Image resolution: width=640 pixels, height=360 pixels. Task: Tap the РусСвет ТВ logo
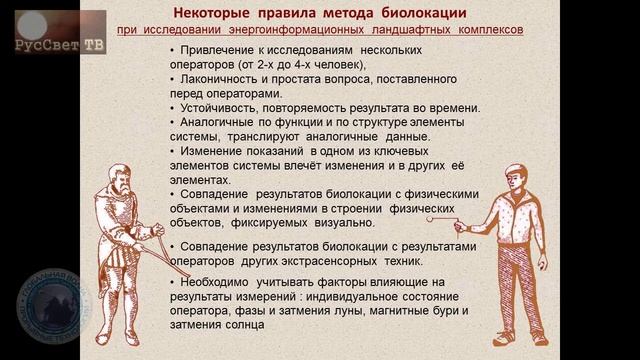[x=61, y=41]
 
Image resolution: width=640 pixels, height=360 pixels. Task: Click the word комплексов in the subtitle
[x=488, y=30]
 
